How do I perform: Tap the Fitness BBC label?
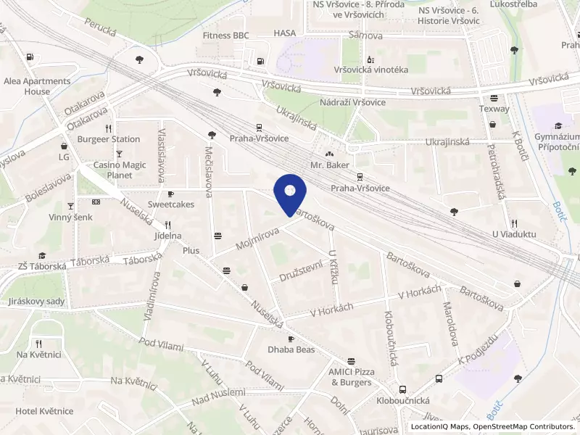point(226,36)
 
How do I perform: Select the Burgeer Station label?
point(109,139)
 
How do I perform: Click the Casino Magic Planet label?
point(120,170)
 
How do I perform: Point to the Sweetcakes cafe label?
point(171,204)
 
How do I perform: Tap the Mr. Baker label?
point(330,165)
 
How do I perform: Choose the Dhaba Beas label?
point(291,349)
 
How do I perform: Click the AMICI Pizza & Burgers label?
point(352,377)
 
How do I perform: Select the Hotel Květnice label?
point(44,411)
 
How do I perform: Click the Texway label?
point(494,109)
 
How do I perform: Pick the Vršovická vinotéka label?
point(370,70)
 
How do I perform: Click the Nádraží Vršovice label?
point(353,101)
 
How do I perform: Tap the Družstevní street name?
point(300,271)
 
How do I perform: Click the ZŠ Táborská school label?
point(43,266)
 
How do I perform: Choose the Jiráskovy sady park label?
point(35,302)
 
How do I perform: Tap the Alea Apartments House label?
point(38,86)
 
